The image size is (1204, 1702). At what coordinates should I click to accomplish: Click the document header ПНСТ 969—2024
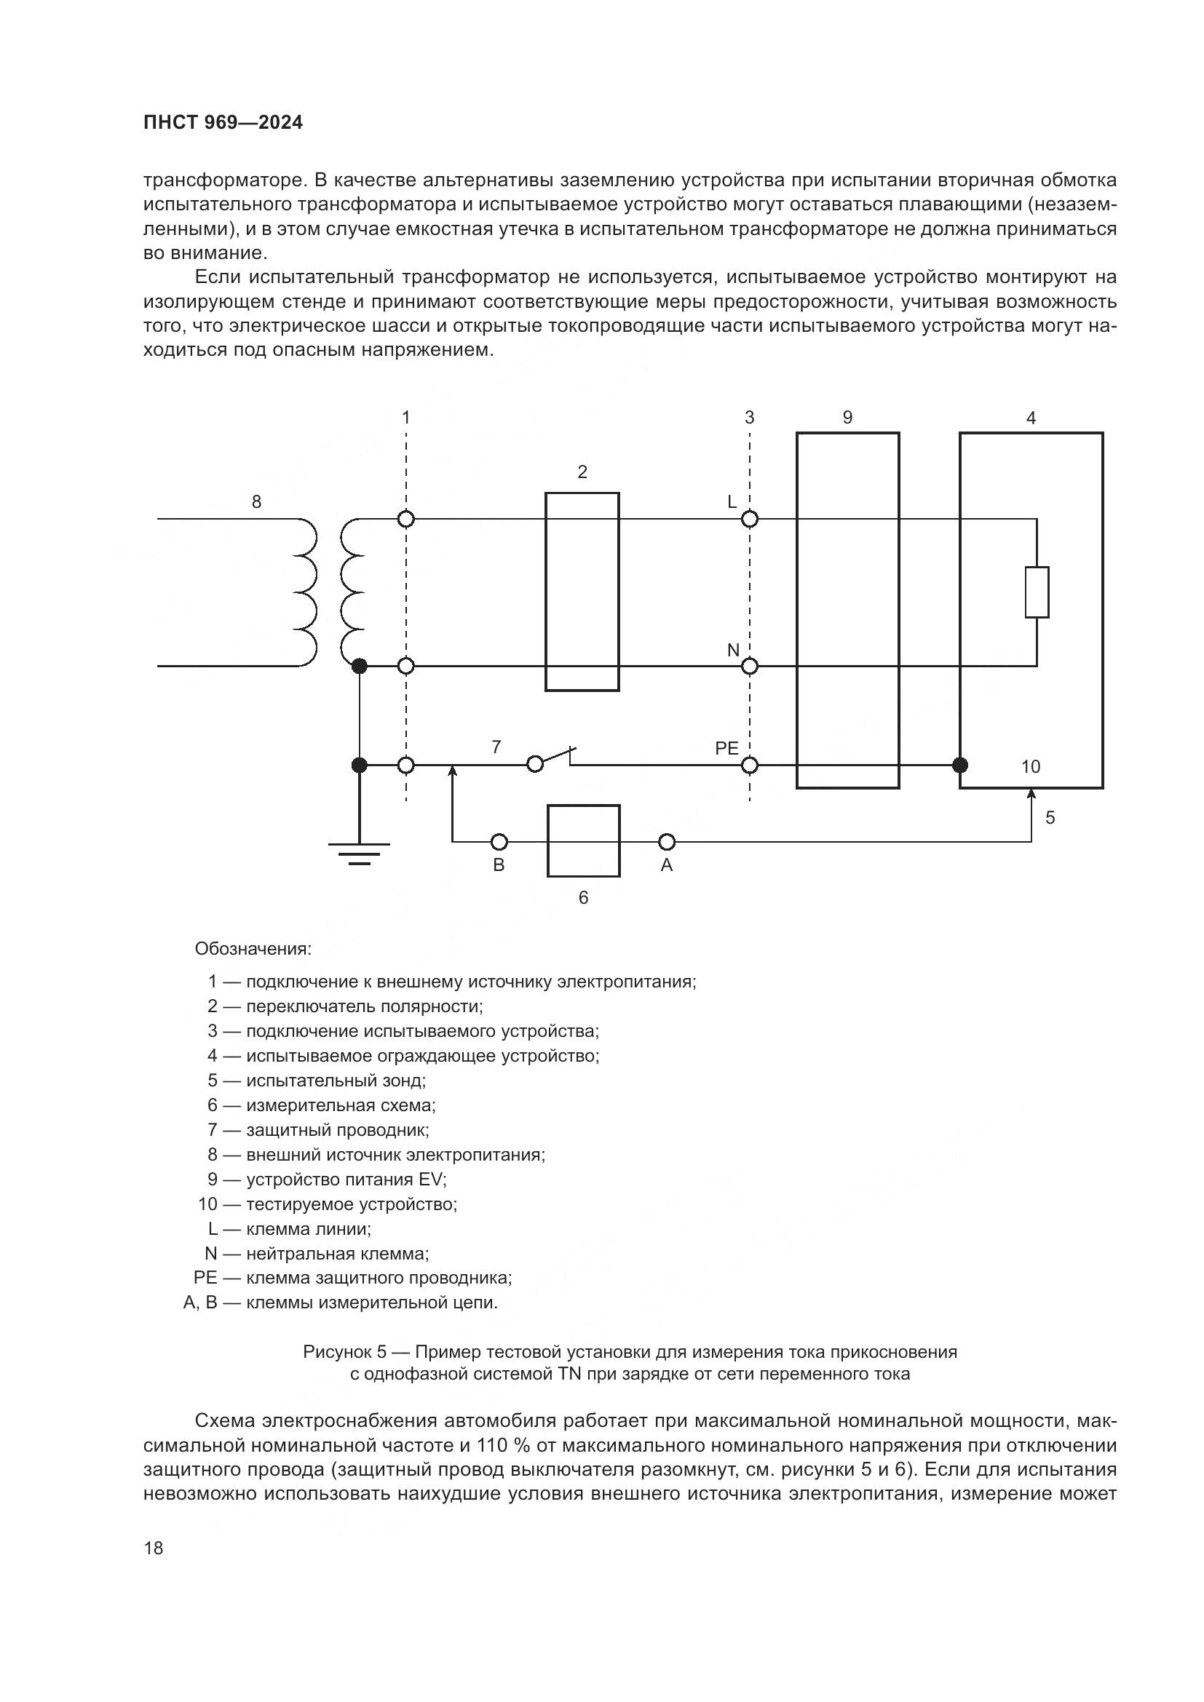(223, 123)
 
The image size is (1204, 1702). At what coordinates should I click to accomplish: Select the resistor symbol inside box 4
(1037, 592)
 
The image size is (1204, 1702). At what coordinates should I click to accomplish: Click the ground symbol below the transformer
(359, 854)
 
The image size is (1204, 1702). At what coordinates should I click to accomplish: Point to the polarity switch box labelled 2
(582, 592)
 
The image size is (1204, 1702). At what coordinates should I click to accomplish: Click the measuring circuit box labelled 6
(583, 840)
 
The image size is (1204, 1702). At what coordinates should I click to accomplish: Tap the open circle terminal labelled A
(667, 841)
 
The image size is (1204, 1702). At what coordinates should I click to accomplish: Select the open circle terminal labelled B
(499, 841)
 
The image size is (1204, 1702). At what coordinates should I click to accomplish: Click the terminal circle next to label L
(750, 519)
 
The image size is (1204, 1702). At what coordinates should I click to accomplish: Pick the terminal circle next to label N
(750, 667)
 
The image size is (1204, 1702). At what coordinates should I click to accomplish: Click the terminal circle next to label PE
(750, 764)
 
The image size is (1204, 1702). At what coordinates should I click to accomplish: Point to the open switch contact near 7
(553, 757)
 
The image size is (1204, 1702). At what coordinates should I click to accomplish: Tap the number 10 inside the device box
(1031, 766)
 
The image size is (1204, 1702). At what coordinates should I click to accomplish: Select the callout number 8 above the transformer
(256, 502)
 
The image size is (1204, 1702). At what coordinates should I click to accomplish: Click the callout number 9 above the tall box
(847, 418)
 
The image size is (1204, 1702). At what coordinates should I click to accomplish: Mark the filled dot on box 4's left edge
(960, 764)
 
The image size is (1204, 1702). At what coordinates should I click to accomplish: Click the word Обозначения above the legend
(253, 949)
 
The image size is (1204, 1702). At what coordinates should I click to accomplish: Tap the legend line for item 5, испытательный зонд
(317, 1081)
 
